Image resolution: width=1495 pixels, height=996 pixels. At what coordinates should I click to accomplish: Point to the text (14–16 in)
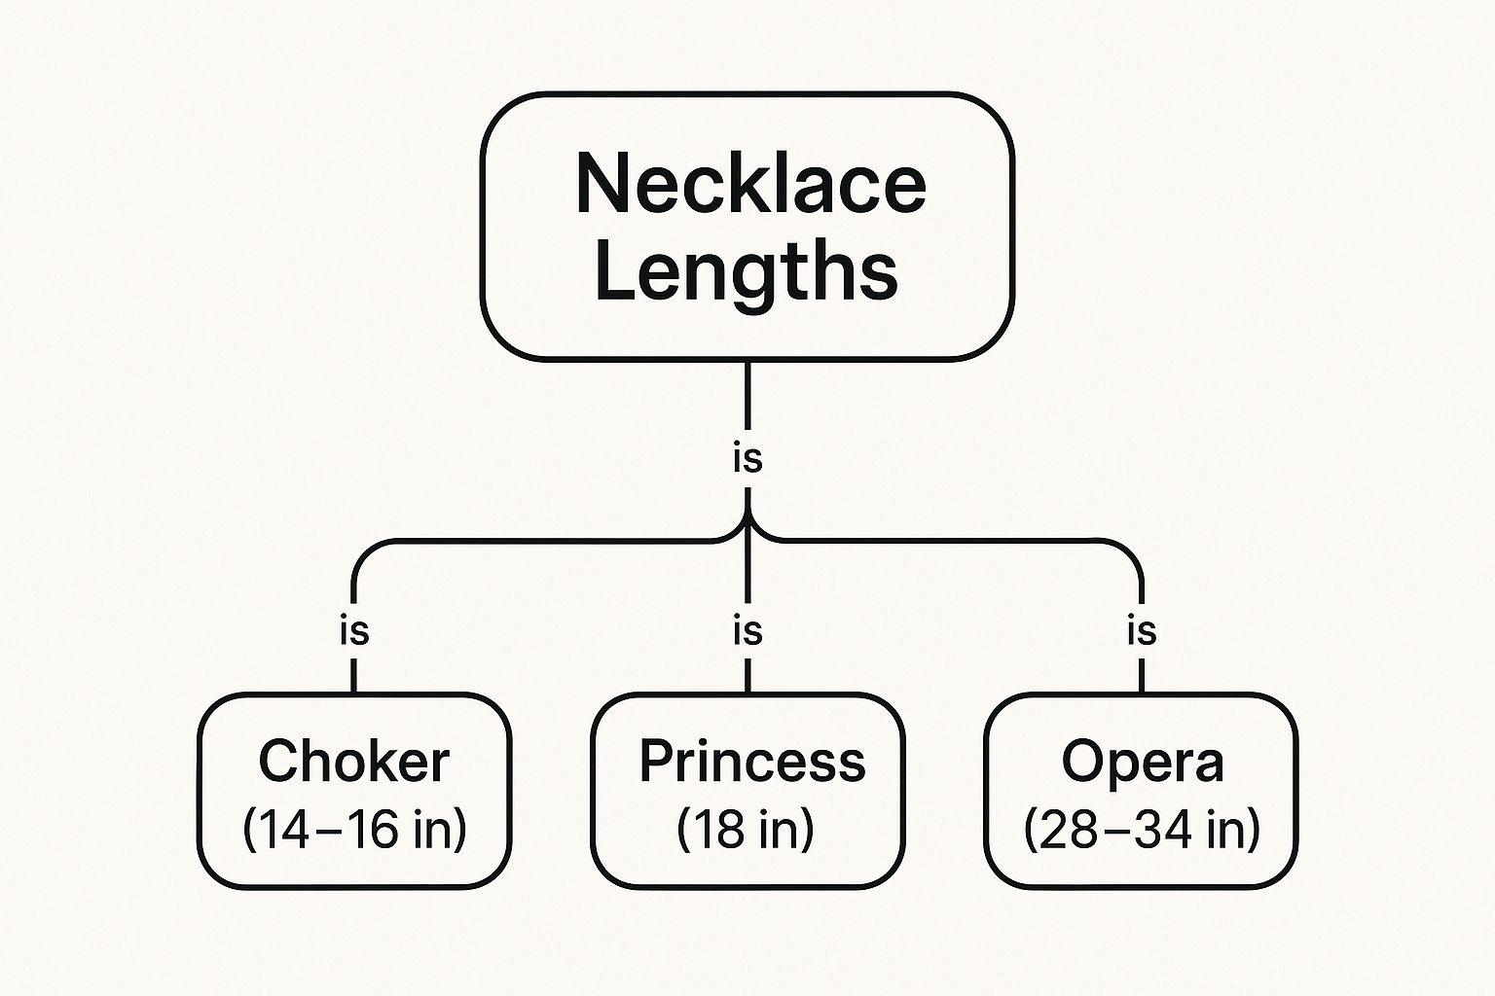click(354, 830)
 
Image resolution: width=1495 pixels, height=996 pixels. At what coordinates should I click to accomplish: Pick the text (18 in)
click(746, 830)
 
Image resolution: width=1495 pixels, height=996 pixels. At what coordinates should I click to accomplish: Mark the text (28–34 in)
click(1143, 830)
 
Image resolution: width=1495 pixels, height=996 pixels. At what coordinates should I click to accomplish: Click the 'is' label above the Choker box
click(354, 631)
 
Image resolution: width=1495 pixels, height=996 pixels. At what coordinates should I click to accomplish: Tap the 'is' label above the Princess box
click(747, 631)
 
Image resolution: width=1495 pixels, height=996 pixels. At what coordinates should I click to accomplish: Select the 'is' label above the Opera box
click(1142, 631)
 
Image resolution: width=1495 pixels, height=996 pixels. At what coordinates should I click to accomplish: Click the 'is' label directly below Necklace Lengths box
click(747, 458)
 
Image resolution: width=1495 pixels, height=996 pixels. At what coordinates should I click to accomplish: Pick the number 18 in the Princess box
click(717, 830)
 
